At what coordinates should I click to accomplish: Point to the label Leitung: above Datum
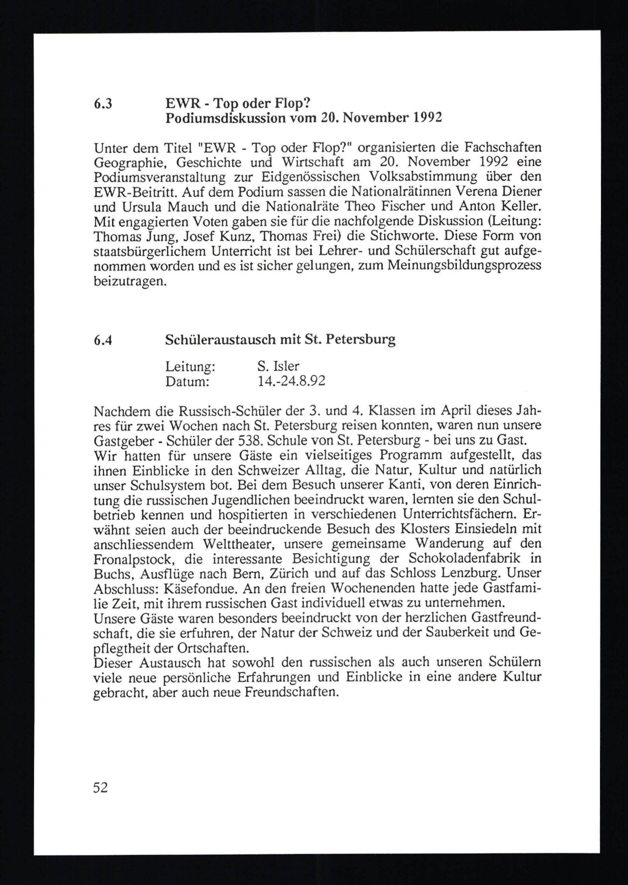click(190, 366)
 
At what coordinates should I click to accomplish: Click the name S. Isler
click(279, 366)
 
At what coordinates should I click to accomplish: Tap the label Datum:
click(187, 381)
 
